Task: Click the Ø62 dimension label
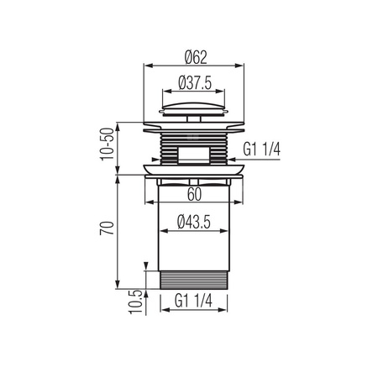(196, 57)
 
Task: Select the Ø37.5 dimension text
(195, 83)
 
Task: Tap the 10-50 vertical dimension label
(108, 144)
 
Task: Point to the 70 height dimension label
(107, 228)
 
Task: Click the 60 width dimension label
(194, 194)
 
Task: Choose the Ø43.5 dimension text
(194, 223)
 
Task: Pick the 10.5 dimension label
(136, 302)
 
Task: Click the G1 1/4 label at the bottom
(193, 301)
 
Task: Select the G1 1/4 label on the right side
(261, 149)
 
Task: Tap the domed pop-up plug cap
(194, 106)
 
